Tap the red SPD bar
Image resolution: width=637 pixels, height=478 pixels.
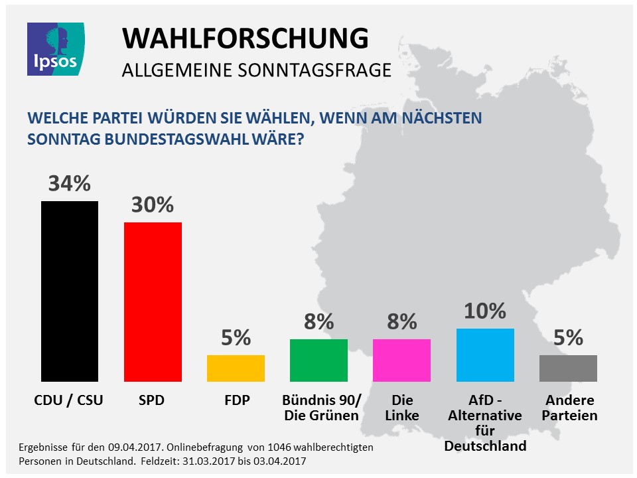pyautogui.click(x=153, y=301)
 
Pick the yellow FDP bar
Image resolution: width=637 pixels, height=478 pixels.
pyautogui.click(x=236, y=368)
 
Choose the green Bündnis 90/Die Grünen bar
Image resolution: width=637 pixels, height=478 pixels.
pyautogui.click(x=318, y=360)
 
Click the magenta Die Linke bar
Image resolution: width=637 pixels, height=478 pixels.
pyautogui.click(x=401, y=360)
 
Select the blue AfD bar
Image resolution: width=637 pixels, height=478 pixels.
pyautogui.click(x=485, y=355)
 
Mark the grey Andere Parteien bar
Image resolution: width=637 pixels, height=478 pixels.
pyautogui.click(x=568, y=368)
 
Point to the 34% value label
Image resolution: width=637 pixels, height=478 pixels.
pyautogui.click(x=69, y=183)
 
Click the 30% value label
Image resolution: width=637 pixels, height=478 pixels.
pyautogui.click(x=153, y=204)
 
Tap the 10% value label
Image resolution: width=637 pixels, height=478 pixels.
pyautogui.click(x=485, y=311)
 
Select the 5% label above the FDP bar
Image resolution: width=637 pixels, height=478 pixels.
pyautogui.click(x=236, y=337)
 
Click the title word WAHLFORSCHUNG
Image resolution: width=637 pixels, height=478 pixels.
pyautogui.click(x=245, y=39)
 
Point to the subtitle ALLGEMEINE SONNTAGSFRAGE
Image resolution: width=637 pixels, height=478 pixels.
pyautogui.click(x=256, y=70)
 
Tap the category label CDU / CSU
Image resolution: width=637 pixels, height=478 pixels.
pyautogui.click(x=69, y=401)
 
